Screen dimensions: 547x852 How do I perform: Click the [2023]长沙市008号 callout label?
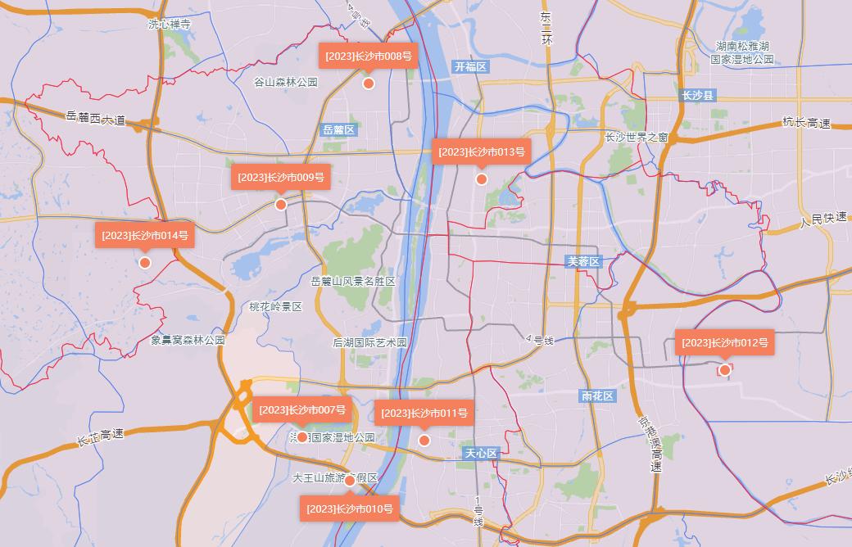point(368,57)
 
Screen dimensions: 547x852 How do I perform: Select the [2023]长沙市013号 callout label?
point(481,151)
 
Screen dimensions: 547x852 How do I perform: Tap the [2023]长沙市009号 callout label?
point(281,177)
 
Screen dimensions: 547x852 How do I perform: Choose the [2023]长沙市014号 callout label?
point(145,235)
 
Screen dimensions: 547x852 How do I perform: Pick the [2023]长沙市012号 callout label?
point(724,342)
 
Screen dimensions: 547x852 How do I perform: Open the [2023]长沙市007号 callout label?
point(302,409)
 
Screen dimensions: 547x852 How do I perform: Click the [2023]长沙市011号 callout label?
point(424,413)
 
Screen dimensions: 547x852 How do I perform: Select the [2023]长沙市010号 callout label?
point(350,509)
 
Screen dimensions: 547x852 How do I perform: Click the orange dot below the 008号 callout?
point(369,84)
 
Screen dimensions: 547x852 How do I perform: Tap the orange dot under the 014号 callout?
point(145,263)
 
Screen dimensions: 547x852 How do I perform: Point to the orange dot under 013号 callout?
point(482,179)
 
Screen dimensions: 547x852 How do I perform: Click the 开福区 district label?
point(470,66)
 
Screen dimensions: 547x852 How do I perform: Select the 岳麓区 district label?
point(338,129)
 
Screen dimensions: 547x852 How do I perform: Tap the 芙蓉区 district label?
point(584,261)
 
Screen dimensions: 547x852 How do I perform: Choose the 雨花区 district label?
point(597,396)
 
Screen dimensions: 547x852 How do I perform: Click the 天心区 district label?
point(481,453)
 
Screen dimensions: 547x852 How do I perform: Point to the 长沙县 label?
point(698,95)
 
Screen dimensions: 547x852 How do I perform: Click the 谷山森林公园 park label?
point(285,82)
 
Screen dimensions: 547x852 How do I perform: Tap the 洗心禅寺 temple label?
point(170,25)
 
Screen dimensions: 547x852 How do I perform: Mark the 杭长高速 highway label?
point(806,123)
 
